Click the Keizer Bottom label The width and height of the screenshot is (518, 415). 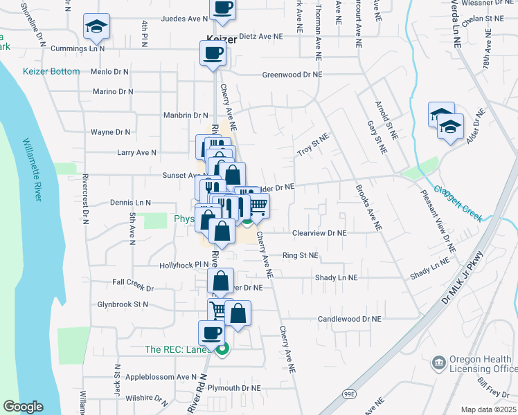pos(51,71)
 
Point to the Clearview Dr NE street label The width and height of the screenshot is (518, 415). pos(319,234)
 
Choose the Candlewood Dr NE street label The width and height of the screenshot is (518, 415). pos(350,319)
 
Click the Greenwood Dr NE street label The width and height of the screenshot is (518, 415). pos(292,74)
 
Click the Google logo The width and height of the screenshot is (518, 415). pos(23,407)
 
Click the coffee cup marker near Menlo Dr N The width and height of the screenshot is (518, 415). pos(213,53)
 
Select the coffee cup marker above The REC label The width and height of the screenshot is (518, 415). pos(211,333)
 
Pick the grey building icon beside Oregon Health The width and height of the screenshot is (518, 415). pos(438,362)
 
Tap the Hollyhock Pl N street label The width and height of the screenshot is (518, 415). pos(184,264)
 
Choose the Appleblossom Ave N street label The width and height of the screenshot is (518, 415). pos(161,377)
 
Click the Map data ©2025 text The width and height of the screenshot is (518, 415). pos(487,409)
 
